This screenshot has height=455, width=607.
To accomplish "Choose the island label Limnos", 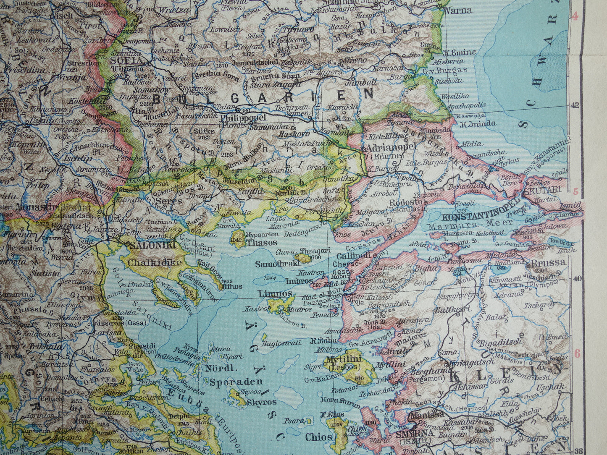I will [x=276, y=293].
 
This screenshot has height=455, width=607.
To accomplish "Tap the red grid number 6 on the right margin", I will [x=576, y=353].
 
